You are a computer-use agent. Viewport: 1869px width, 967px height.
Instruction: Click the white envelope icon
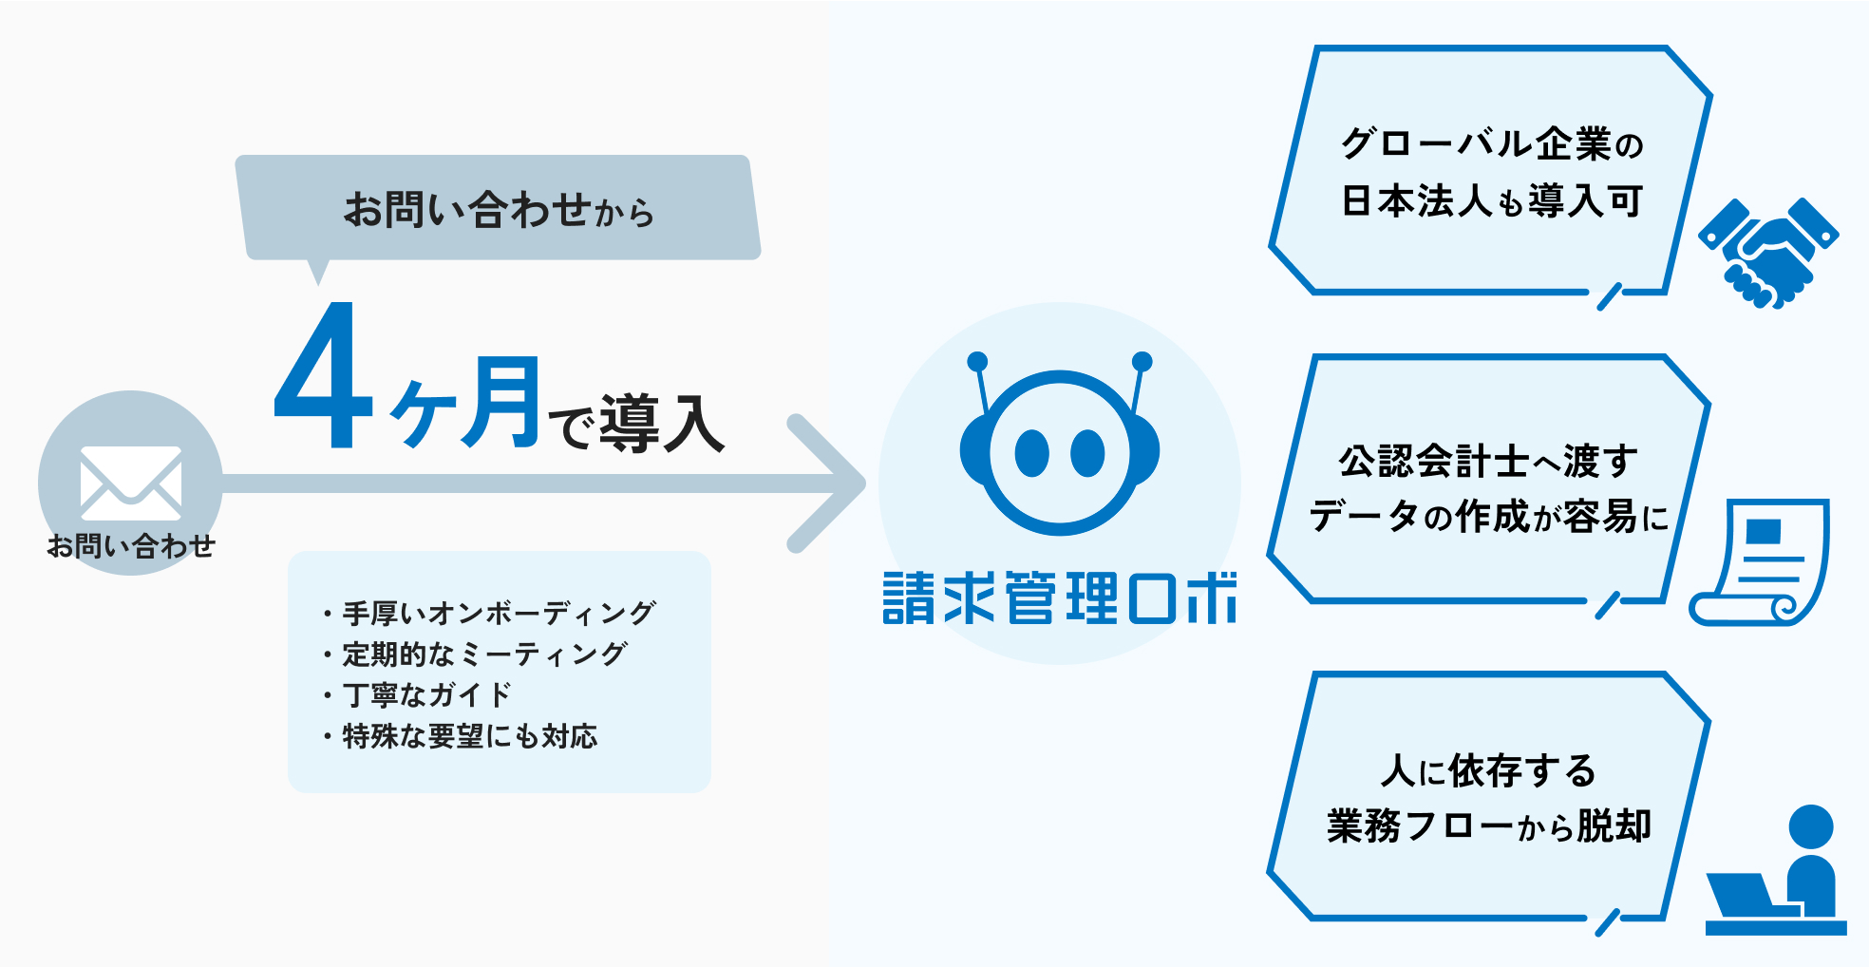click(131, 483)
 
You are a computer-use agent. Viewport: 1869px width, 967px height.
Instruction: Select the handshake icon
click(1768, 253)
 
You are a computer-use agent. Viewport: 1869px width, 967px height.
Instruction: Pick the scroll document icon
click(1759, 562)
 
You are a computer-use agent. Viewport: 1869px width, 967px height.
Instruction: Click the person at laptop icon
click(1776, 870)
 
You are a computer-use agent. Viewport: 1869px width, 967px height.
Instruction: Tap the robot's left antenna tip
click(977, 361)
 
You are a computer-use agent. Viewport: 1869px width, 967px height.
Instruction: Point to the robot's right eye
click(1087, 453)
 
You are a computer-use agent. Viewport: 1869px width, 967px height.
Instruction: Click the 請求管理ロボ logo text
click(1060, 597)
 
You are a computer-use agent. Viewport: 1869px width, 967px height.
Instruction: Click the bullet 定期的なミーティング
click(474, 654)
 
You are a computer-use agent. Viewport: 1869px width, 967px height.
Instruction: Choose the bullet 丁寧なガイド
click(417, 695)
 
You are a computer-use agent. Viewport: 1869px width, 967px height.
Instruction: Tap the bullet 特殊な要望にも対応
click(460, 736)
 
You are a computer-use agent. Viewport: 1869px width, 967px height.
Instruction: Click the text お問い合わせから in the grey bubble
click(499, 210)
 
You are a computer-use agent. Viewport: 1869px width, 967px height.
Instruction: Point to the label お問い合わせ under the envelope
click(131, 546)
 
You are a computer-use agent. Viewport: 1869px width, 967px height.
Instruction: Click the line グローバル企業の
click(1492, 143)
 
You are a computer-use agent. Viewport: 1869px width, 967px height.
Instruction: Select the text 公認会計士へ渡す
click(1488, 462)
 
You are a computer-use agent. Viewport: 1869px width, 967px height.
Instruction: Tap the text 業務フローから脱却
click(1489, 825)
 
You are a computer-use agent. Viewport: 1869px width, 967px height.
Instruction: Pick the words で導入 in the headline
click(637, 424)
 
